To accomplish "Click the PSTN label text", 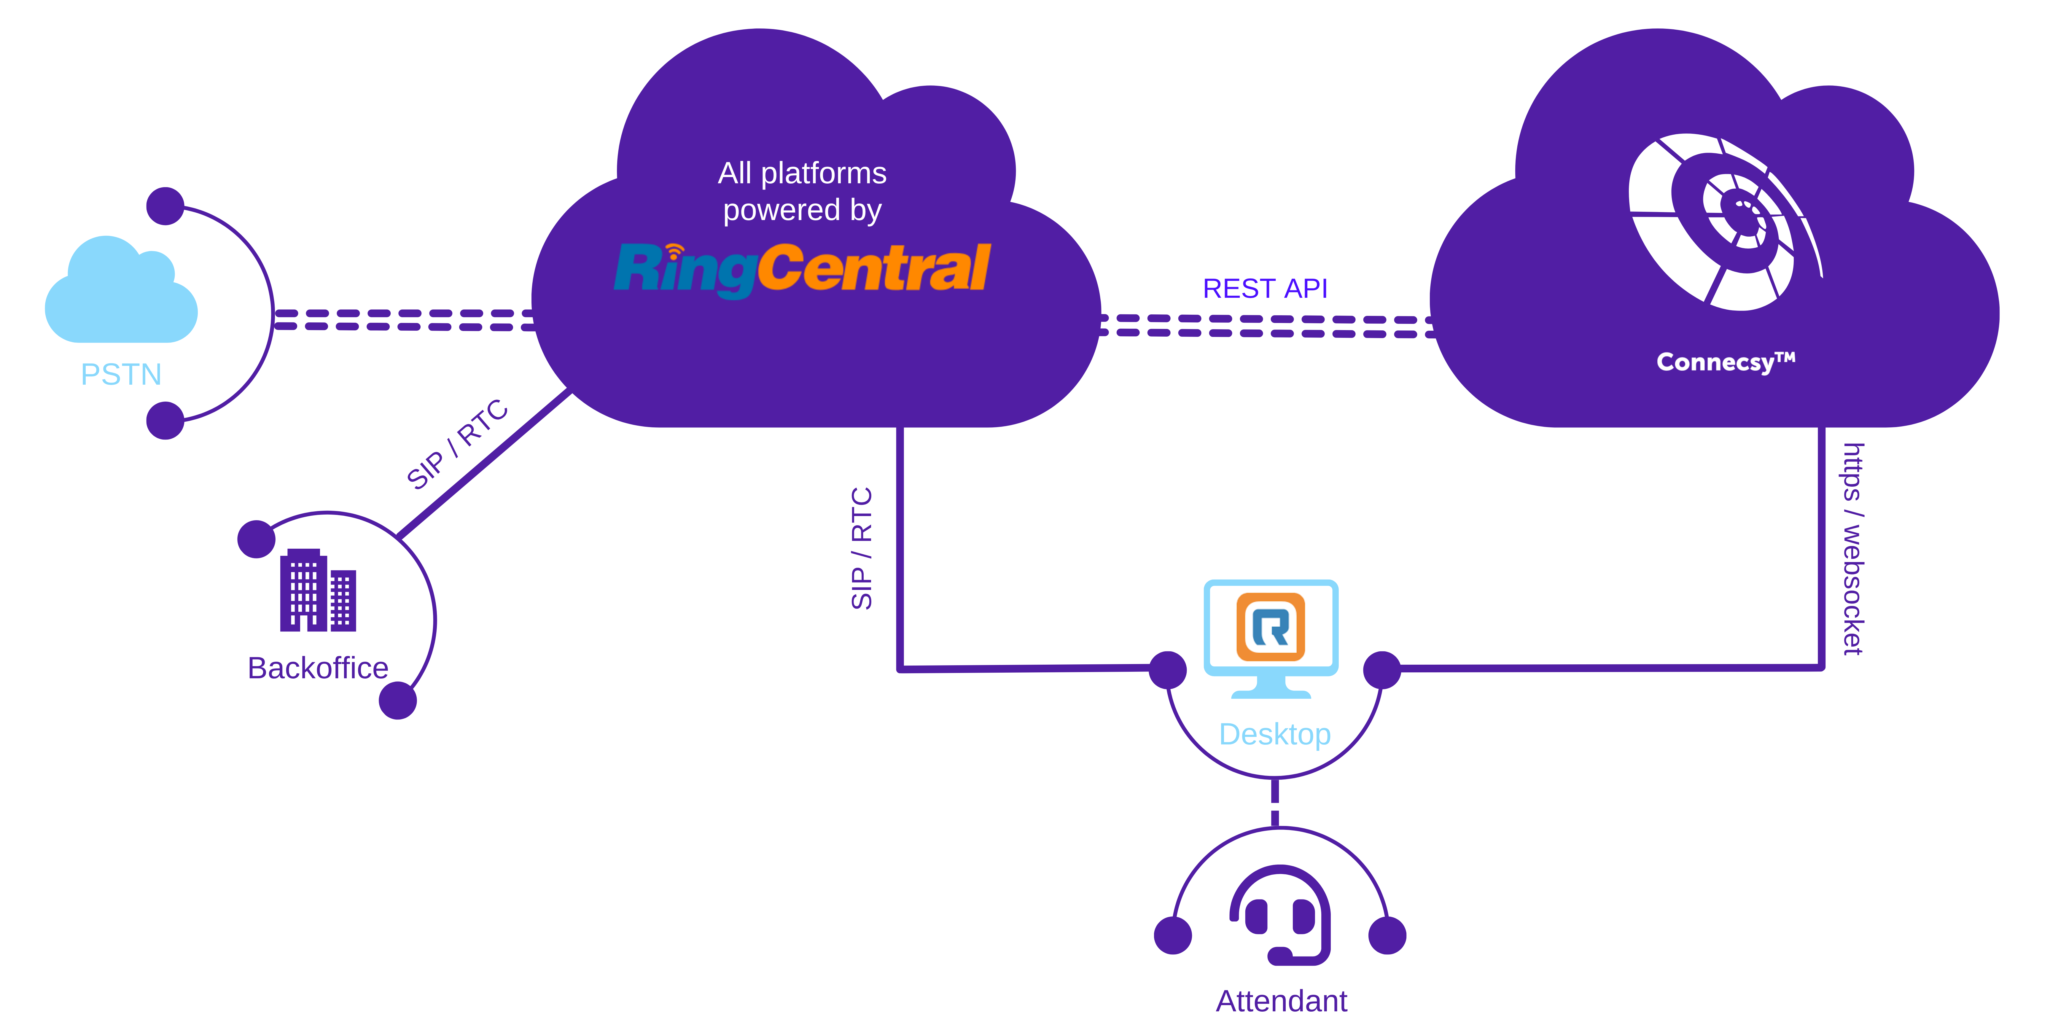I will (x=121, y=374).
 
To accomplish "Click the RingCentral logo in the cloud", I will (x=802, y=269).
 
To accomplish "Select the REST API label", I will (x=1265, y=288).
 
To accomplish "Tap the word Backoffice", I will (x=318, y=668).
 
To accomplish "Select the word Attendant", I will (x=1281, y=1000).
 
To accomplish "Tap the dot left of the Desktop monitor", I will (x=1167, y=670).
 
